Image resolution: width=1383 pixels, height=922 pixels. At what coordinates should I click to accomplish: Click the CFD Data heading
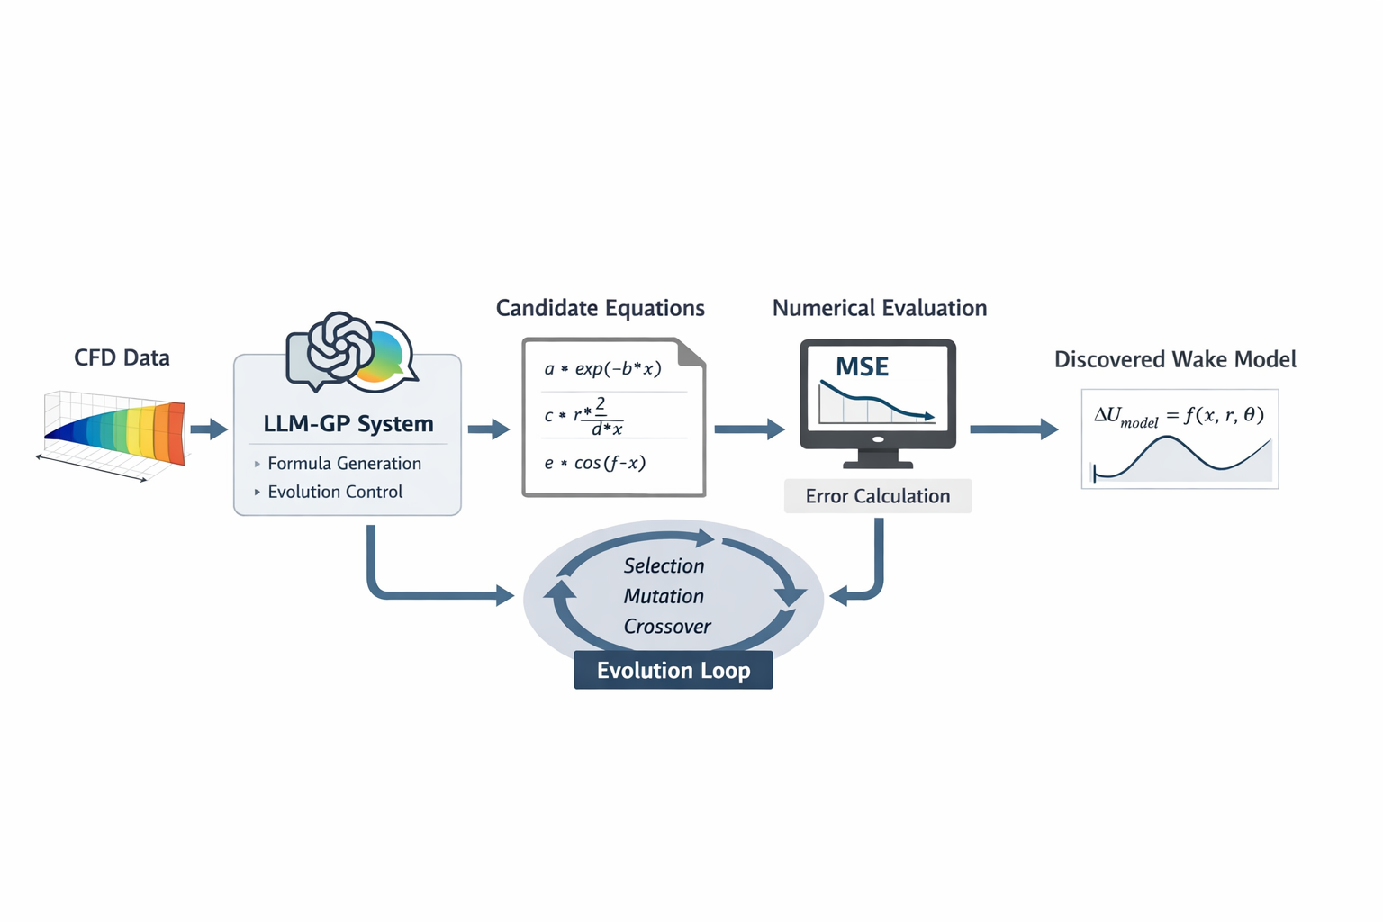tap(122, 357)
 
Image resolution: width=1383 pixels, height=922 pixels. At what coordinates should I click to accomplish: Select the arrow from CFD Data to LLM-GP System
tap(209, 429)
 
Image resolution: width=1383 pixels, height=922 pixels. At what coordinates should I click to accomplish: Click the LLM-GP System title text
tap(348, 423)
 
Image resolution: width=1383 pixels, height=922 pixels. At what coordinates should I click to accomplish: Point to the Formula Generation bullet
tap(343, 464)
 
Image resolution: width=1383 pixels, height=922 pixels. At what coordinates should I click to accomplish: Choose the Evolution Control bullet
tap(334, 492)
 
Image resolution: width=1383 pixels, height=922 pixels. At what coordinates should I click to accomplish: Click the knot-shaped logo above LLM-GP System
tap(339, 347)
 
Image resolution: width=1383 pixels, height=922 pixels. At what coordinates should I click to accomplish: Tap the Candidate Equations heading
tap(600, 308)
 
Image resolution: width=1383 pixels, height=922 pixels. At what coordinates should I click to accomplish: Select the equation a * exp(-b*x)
tap(602, 368)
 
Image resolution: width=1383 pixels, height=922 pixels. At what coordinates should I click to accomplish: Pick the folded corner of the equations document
tap(691, 352)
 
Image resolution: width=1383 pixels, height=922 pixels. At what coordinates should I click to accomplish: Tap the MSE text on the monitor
tap(862, 366)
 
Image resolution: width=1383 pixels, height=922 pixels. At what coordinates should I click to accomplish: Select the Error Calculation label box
tap(877, 496)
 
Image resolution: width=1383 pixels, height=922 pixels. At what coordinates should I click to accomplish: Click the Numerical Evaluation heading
tap(879, 308)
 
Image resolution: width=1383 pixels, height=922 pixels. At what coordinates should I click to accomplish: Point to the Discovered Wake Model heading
tap(1175, 359)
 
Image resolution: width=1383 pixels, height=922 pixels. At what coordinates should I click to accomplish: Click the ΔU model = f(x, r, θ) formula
tap(1179, 416)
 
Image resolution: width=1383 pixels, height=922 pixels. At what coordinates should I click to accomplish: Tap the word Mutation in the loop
tap(664, 596)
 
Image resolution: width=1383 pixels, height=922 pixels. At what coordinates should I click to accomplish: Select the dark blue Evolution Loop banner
tap(673, 671)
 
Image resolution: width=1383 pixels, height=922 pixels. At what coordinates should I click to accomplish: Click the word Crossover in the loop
tap(667, 627)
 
